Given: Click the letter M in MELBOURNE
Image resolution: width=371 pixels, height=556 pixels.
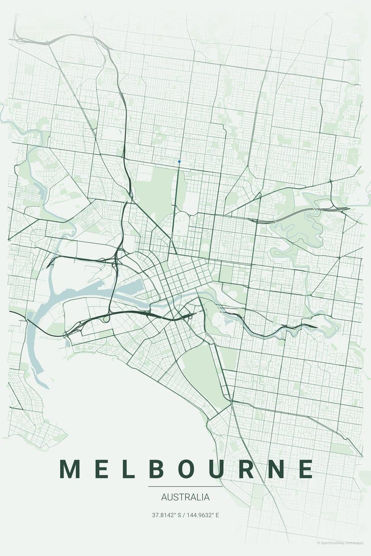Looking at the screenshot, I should click(69, 469).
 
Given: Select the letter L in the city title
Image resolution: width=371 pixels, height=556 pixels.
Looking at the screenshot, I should click(128, 469).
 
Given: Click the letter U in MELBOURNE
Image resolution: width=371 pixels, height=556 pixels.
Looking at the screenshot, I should click(219, 469).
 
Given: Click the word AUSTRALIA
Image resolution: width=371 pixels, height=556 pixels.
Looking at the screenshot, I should click(185, 498).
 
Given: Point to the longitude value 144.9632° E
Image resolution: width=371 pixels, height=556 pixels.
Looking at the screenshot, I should click(205, 515).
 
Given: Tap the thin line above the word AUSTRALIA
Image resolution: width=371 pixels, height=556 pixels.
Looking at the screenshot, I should click(185, 486).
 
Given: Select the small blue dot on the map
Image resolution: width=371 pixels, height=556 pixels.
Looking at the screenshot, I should click(179, 162).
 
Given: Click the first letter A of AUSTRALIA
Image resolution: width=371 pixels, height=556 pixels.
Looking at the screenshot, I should click(165, 498).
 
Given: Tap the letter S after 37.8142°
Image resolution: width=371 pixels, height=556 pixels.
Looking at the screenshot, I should click(179, 515).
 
